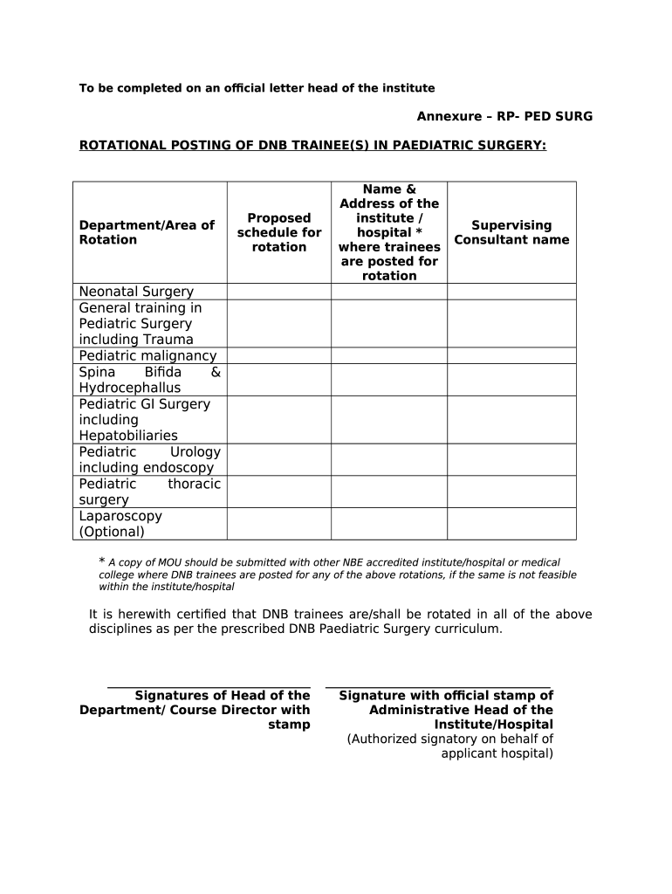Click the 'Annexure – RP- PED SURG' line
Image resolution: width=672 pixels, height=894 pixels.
pos(504,116)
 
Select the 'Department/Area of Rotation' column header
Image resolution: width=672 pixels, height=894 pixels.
pos(147,232)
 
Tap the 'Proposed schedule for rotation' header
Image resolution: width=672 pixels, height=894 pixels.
pos(279,232)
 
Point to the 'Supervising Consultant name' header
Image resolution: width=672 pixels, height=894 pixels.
pos(511,232)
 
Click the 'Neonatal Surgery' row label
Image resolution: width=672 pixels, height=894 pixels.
pos(136,292)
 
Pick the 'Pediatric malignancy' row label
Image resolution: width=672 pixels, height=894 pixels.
pos(147,355)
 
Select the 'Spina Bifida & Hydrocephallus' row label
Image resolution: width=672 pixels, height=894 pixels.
pos(149,380)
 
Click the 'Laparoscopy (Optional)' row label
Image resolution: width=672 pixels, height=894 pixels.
pos(120,523)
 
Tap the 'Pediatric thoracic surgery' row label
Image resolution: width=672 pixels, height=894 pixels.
pos(149,492)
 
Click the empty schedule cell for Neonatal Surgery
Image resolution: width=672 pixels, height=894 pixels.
pos(279,292)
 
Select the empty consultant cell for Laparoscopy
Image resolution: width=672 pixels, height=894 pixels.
pos(511,523)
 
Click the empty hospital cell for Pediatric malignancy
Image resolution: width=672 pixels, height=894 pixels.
pos(389,355)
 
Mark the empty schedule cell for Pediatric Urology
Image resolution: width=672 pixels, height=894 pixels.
pos(279,459)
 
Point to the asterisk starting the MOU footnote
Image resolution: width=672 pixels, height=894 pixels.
pos(101,561)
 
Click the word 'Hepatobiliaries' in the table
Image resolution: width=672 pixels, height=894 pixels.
pos(128,436)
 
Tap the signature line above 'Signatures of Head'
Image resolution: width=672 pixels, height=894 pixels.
pos(209,686)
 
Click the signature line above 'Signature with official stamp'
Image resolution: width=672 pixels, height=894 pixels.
pos(438,686)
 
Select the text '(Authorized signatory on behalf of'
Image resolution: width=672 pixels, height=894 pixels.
pos(450,739)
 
